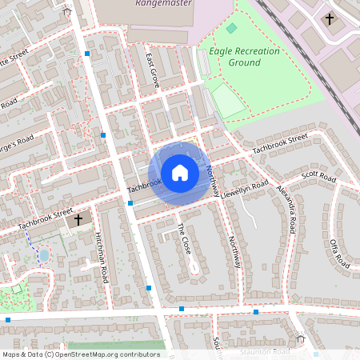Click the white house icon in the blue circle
(180, 172)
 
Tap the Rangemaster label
(165, 4)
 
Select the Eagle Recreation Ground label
(244, 56)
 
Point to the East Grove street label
(152, 70)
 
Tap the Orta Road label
(339, 249)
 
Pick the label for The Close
(184, 238)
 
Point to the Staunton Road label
(265, 352)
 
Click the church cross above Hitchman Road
(78, 218)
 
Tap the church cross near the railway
(329, 18)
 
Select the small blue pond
(44, 255)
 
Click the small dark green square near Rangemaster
(231, 28)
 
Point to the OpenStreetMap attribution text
(81, 354)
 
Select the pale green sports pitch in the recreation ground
(228, 102)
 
